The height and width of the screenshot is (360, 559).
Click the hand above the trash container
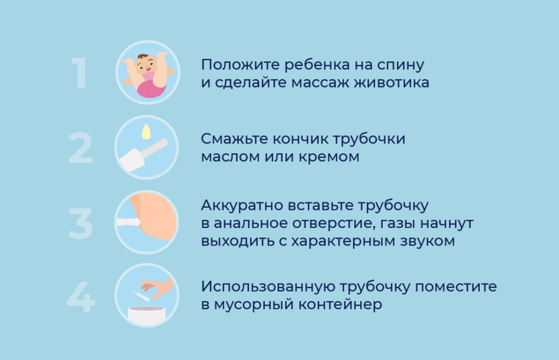coord(161,287)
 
